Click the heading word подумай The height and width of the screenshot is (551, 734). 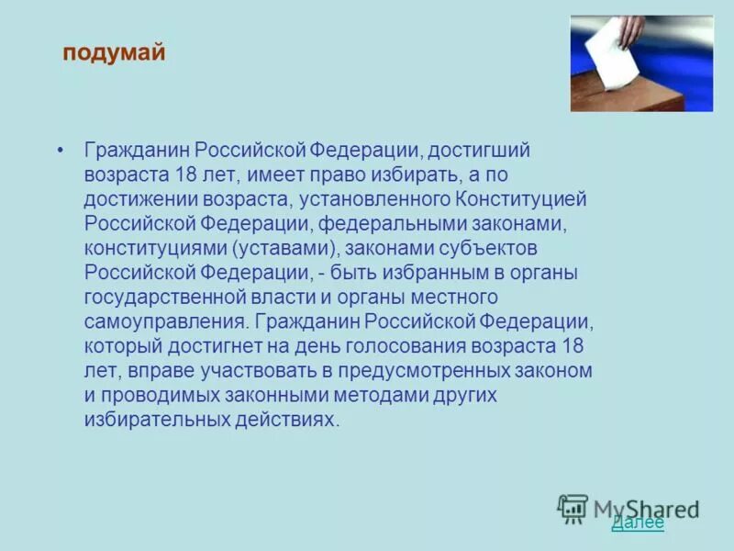[x=114, y=53]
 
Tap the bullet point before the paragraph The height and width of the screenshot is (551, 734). [x=61, y=150]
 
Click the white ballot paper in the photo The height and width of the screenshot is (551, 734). [x=606, y=56]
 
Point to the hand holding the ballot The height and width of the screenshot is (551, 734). [x=630, y=30]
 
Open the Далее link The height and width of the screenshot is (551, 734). [x=637, y=523]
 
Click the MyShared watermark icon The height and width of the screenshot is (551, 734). [x=573, y=508]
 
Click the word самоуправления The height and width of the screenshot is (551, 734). [x=165, y=322]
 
